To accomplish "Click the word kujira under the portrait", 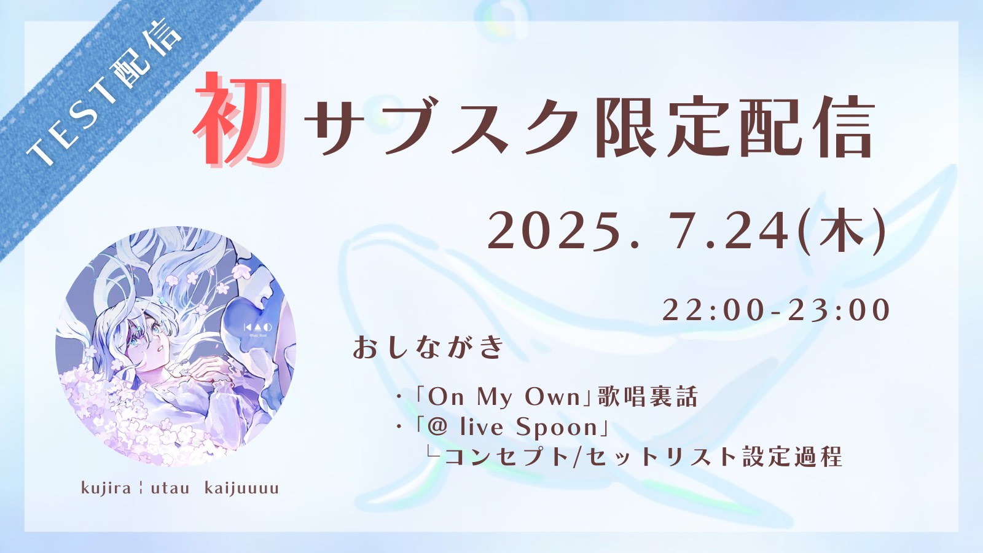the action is point(106,488).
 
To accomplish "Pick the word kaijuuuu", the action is point(242,488).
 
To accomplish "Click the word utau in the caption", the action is point(170,488).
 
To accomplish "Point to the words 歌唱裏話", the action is point(647,397).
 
